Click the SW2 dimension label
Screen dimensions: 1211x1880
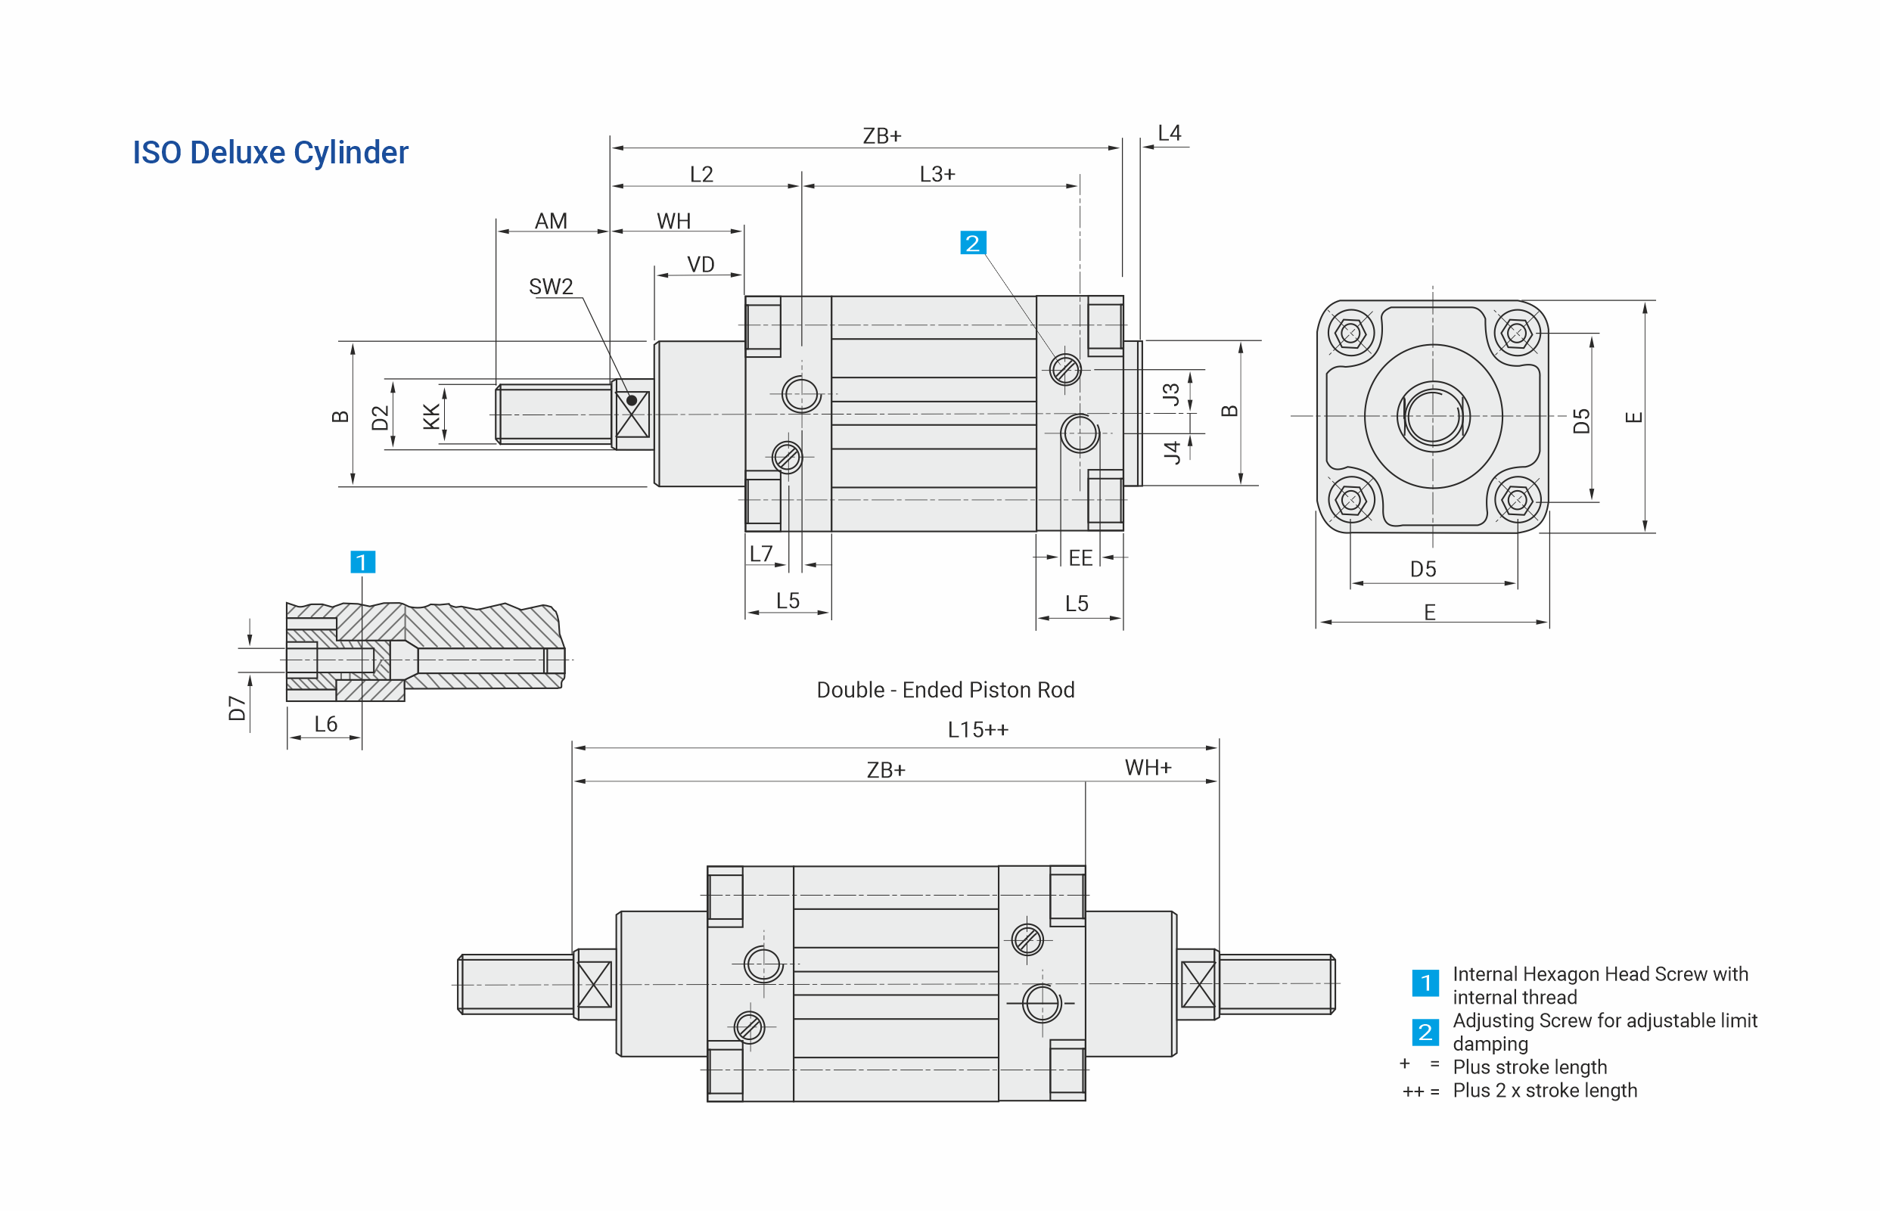click(551, 286)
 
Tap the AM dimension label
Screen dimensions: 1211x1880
click(551, 221)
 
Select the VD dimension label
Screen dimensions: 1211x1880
click(700, 264)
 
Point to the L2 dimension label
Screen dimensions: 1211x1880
click(701, 174)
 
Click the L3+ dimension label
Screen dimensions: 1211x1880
click(937, 174)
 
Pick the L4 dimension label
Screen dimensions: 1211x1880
click(1168, 133)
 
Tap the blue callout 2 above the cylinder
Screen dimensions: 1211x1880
click(972, 243)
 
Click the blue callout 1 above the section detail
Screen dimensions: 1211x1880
click(362, 561)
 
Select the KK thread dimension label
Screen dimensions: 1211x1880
click(431, 416)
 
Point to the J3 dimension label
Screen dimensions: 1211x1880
click(1171, 394)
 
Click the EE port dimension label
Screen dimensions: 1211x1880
click(1080, 557)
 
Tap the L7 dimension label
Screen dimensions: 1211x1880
click(760, 554)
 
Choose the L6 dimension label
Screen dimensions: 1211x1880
click(325, 723)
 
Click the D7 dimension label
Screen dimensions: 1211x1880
click(237, 708)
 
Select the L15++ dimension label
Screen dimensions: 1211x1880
click(977, 730)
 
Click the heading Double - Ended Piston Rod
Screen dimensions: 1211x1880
click(944, 690)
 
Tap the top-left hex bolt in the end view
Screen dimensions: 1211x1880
click(1350, 334)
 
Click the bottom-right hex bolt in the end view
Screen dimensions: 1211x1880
click(1517, 500)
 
